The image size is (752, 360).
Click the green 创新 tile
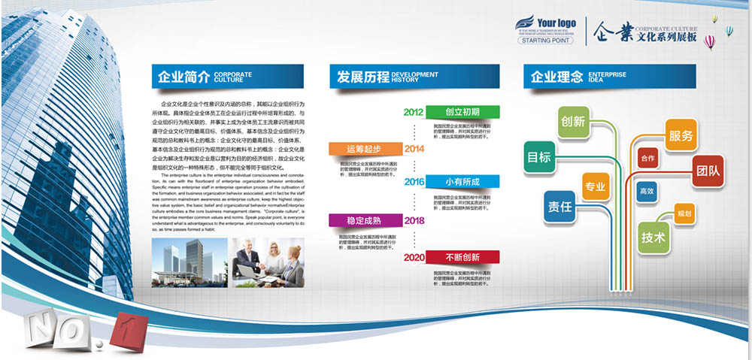[573, 121]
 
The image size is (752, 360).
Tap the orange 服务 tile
[681, 137]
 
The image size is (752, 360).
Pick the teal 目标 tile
[538, 157]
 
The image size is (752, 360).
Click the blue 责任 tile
[559, 206]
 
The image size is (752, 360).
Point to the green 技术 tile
[653, 237]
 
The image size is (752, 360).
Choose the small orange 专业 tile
[596, 186]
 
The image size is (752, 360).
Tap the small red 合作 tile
[647, 159]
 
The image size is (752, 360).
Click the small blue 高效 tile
[647, 192]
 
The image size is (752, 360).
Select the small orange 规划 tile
[684, 213]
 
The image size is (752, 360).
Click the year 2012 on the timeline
[414, 112]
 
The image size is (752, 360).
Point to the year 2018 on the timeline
[414, 220]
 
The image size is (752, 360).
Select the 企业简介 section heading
[181, 76]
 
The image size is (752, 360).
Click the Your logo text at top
[556, 23]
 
